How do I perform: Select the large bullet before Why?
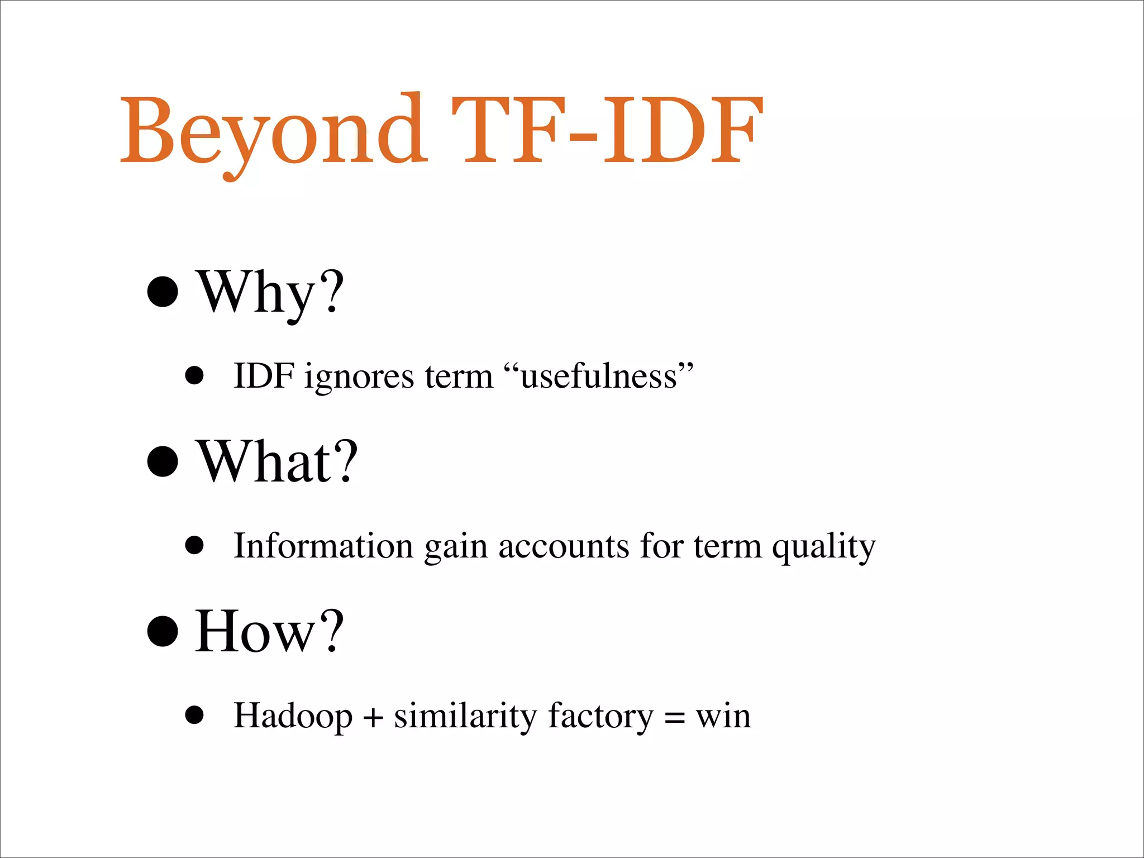(163, 291)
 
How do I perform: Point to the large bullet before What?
(163, 461)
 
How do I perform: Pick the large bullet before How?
(163, 631)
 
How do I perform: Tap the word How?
(269, 631)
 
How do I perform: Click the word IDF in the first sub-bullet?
(264, 376)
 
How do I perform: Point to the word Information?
(323, 546)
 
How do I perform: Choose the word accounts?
(564, 546)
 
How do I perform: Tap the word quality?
(823, 547)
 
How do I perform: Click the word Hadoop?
(293, 716)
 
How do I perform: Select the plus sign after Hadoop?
(373, 717)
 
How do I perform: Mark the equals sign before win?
(675, 718)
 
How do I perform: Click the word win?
(723, 716)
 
